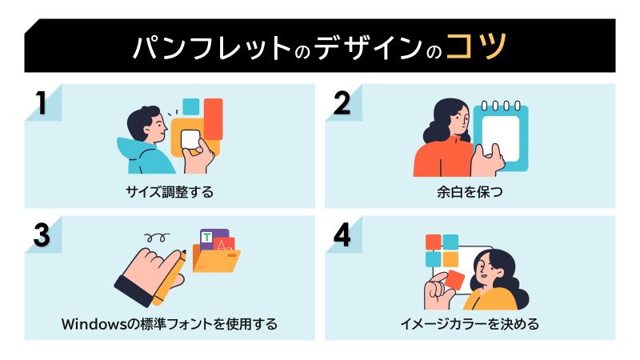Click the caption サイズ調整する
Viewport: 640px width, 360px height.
(170, 193)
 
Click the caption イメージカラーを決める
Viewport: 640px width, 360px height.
(470, 324)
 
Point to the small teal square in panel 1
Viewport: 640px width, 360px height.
(190, 106)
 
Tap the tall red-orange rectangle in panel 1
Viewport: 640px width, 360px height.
(213, 118)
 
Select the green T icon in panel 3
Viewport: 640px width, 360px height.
(207, 238)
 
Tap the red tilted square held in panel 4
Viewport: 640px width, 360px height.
(454, 280)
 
